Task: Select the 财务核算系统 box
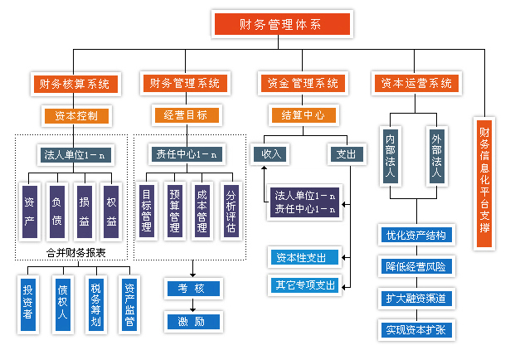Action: point(75,84)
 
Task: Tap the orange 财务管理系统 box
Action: point(185,84)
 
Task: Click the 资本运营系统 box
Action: point(417,84)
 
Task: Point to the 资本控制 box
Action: point(75,114)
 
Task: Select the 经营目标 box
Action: point(186,114)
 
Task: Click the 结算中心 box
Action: point(303,114)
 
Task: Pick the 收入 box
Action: point(271,153)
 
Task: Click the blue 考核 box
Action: point(192,289)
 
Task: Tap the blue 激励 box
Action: point(192,320)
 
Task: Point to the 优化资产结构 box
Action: point(416,236)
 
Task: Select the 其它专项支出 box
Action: point(305,285)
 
